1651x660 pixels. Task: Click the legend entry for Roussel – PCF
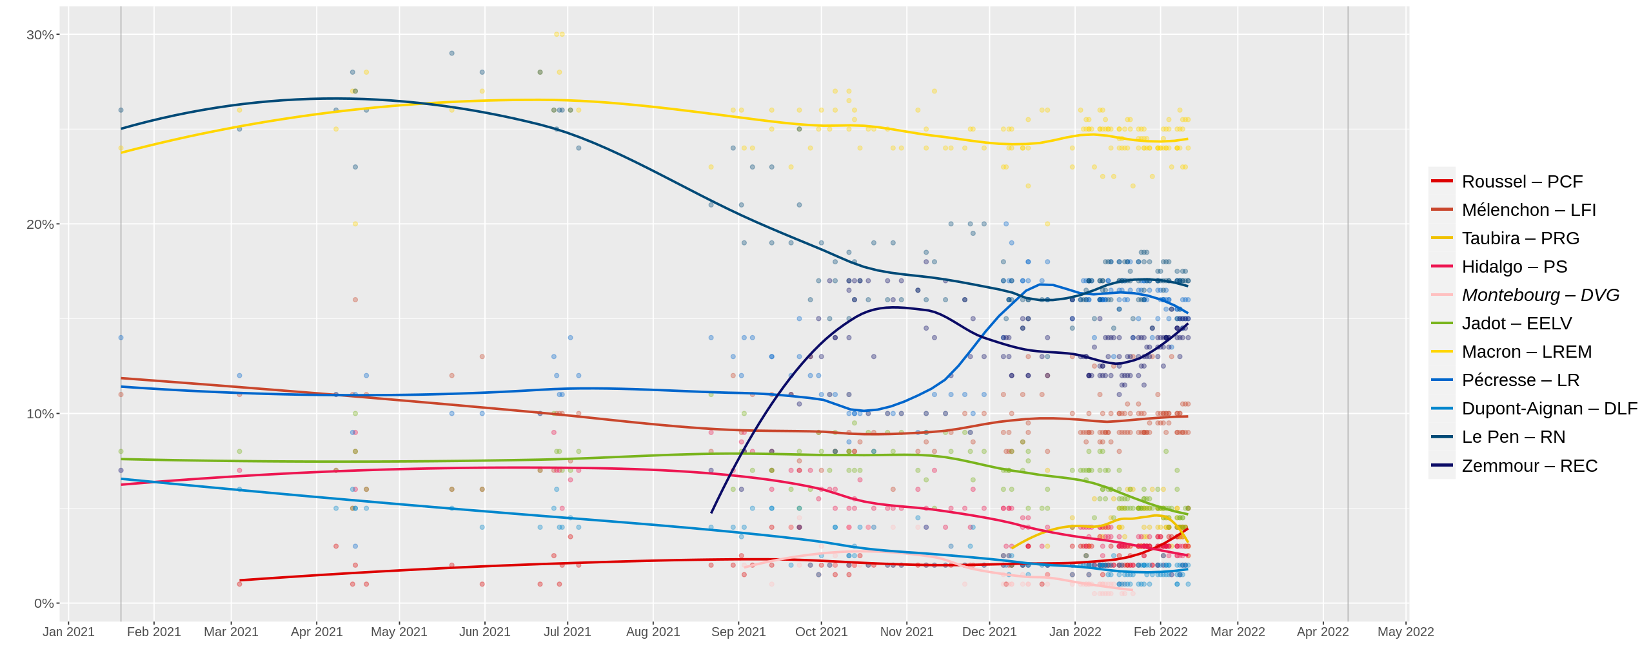[x=1522, y=182]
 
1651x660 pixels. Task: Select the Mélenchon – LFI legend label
[x=1528, y=210]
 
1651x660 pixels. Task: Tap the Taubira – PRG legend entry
[x=1520, y=238]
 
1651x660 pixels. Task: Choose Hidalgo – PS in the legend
[x=1514, y=267]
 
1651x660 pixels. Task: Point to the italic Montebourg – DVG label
[x=1540, y=295]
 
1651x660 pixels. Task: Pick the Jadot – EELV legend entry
[x=1516, y=324]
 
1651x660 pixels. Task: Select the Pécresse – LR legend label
[x=1520, y=380]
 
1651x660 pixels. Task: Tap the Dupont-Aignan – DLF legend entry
[x=1549, y=409]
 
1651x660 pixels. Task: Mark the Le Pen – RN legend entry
[x=1513, y=437]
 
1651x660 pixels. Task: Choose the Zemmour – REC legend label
[x=1529, y=466]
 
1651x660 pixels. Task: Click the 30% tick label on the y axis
[x=40, y=35]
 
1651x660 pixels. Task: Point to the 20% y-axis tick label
[x=40, y=224]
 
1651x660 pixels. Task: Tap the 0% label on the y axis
[x=44, y=603]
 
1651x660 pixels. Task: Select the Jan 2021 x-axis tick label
[x=68, y=632]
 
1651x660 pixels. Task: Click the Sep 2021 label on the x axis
[x=738, y=632]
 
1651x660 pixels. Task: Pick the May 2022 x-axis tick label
[x=1406, y=632]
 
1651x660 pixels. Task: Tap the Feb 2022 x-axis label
[x=1160, y=632]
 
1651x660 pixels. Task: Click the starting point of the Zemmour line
[x=711, y=513]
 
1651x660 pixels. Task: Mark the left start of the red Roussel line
[x=240, y=580]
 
